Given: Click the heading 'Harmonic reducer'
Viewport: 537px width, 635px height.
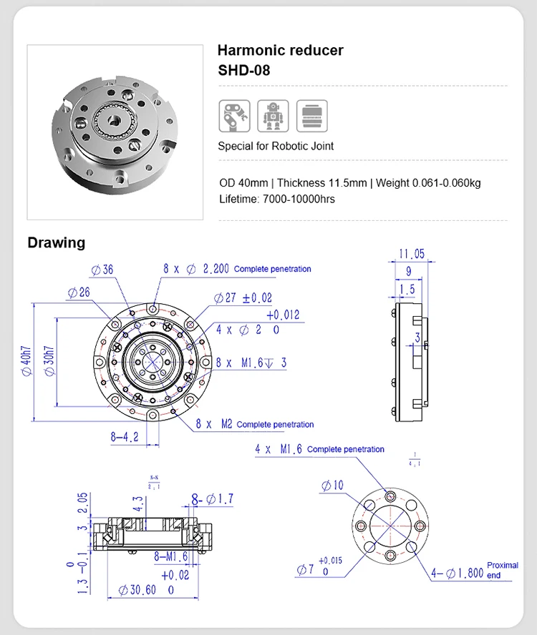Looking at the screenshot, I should pos(280,51).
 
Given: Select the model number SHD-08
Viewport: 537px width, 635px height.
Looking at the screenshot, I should pos(243,71).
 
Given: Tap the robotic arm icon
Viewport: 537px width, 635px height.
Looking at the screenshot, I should pos(234,115).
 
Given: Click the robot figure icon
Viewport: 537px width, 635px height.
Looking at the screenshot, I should pos(273,115).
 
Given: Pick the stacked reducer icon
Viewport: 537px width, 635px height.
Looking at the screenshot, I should pos(311,115).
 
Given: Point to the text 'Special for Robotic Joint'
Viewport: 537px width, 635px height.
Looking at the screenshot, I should pos(276,146).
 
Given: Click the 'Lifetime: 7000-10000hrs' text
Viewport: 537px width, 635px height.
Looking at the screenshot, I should pos(276,199).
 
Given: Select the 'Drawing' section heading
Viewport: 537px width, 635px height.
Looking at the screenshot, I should pos(56,242).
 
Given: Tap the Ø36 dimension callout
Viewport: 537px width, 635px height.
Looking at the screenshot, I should pos(102,270).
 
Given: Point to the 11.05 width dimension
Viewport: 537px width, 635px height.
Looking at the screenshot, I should pos(412,254).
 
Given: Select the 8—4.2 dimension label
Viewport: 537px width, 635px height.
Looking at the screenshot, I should pos(124,436).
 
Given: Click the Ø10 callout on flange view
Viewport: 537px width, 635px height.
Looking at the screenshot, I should pos(332,486).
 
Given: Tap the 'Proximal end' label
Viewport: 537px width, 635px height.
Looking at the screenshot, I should pos(502,570).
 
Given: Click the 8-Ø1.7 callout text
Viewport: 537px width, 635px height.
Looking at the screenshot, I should pos(212,498).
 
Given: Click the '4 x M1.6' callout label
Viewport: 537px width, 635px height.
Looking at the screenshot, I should pos(279,449).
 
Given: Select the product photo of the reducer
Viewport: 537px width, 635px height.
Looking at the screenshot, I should pos(115,132).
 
